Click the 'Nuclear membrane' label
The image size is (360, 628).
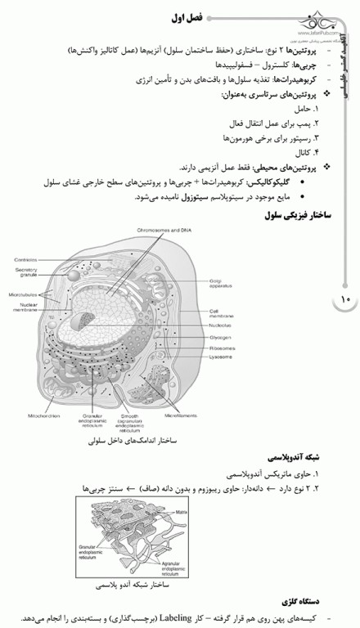tap(26, 307)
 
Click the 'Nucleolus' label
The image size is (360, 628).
tap(221, 325)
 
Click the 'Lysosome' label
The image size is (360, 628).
tap(222, 357)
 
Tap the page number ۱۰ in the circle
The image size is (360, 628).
tap(344, 300)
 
